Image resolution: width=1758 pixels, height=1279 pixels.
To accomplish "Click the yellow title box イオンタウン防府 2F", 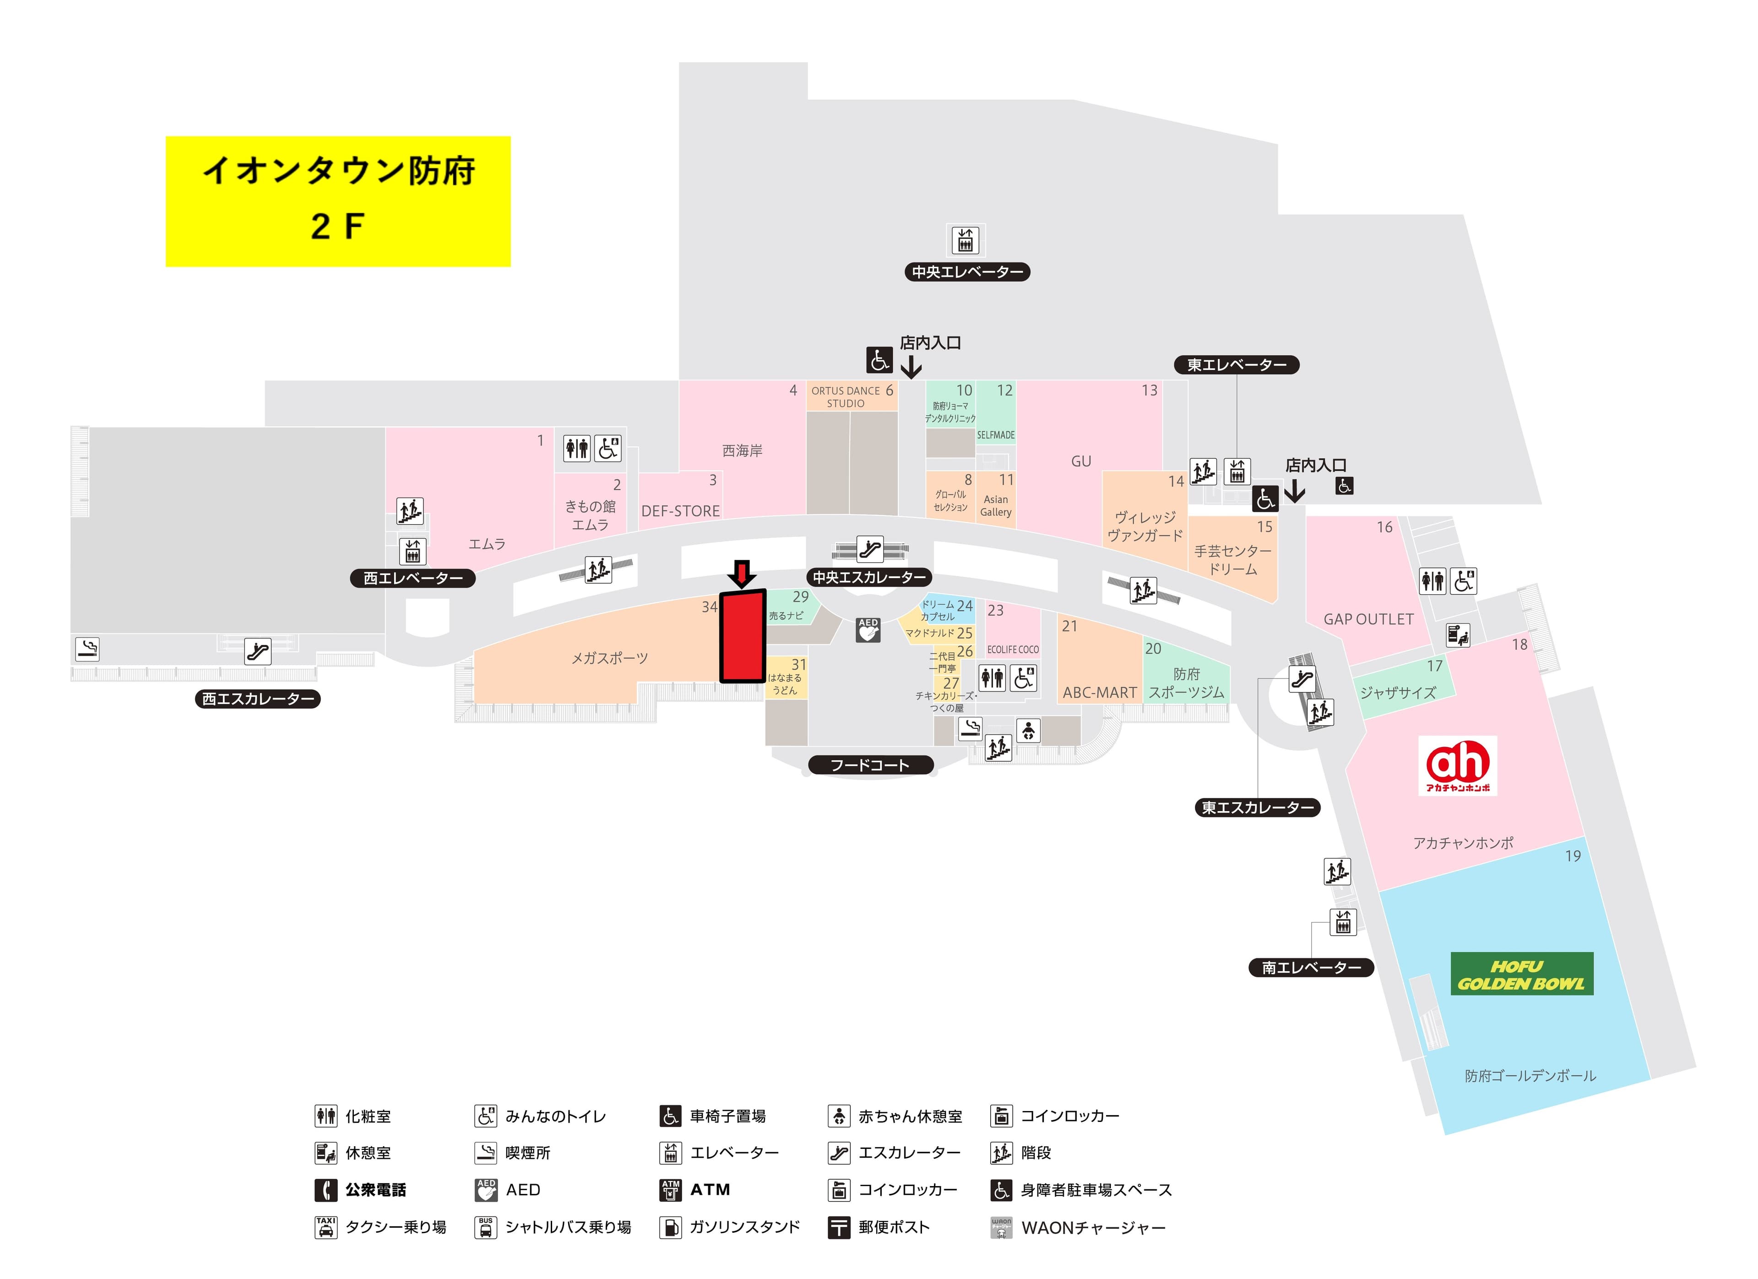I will pos(338,201).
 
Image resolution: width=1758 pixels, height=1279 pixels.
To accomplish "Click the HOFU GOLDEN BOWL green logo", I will pos(1522,975).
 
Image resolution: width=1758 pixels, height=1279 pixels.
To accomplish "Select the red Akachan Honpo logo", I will pos(1457,765).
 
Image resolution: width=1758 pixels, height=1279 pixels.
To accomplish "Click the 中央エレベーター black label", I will pos(966,272).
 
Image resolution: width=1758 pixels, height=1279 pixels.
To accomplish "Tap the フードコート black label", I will pos(870,765).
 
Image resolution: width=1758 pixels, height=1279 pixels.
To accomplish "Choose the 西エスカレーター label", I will pos(257,699).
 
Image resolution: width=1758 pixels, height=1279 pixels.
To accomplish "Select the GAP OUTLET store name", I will pos(1368,619).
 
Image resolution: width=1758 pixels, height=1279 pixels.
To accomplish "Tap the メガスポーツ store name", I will pos(609,658).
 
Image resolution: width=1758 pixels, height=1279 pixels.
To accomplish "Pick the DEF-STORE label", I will pos(680,511).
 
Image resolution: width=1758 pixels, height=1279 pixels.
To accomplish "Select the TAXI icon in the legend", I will pos(326,1227).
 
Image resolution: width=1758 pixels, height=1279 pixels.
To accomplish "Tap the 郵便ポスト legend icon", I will pos(839,1227).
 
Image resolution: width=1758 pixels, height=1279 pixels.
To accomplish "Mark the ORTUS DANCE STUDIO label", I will pos(845,397).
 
